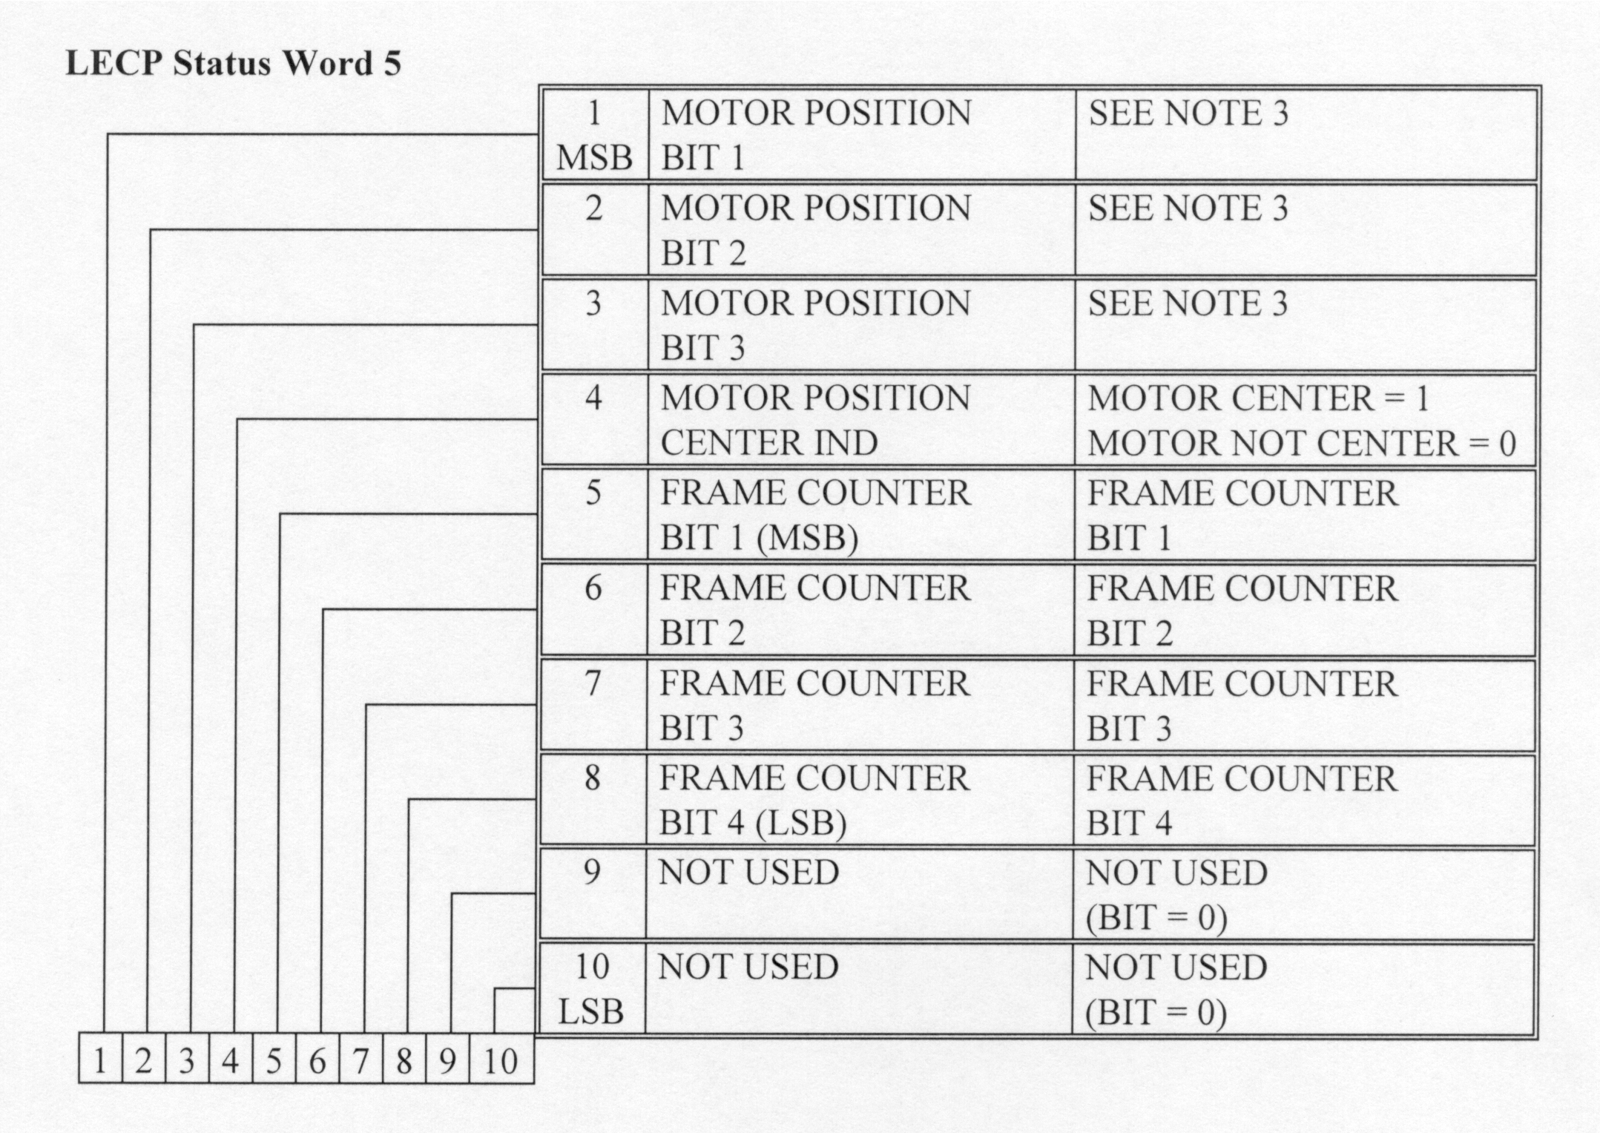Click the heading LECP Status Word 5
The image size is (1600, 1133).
tap(234, 63)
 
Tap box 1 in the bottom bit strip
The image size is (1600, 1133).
tap(100, 1060)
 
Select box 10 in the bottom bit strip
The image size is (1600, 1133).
tap(501, 1060)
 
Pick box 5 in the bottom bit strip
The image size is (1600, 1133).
tap(274, 1060)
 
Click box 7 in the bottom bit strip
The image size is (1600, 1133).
tap(361, 1060)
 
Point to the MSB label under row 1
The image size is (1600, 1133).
tap(594, 158)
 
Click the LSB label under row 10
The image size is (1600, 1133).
tap(591, 1012)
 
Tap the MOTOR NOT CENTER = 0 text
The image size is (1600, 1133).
tap(1301, 444)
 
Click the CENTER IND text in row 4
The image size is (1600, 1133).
tap(769, 444)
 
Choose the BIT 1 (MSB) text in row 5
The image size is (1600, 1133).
tap(759, 538)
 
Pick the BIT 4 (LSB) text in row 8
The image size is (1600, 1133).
tap(752, 823)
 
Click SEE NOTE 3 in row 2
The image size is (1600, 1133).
tap(1188, 208)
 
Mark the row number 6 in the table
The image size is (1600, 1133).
tap(593, 588)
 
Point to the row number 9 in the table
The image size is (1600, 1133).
tap(592, 872)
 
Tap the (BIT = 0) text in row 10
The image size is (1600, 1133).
tap(1156, 1013)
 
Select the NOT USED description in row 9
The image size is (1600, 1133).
tap(748, 872)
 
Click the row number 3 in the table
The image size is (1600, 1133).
tap(593, 303)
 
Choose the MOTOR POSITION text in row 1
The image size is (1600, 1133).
tap(816, 114)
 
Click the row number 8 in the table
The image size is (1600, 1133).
tap(592, 778)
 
